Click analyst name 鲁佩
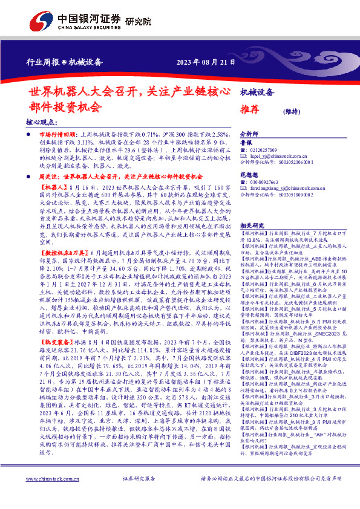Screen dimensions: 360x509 coord(246,143)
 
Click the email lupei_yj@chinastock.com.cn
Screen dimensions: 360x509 coord(281,156)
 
